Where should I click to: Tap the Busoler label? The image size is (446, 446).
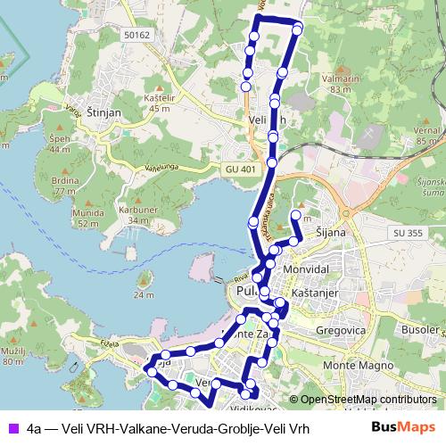420,329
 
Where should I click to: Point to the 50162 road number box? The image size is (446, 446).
138,34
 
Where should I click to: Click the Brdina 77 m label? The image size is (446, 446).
63,186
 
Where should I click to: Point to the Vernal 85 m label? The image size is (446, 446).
429,135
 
